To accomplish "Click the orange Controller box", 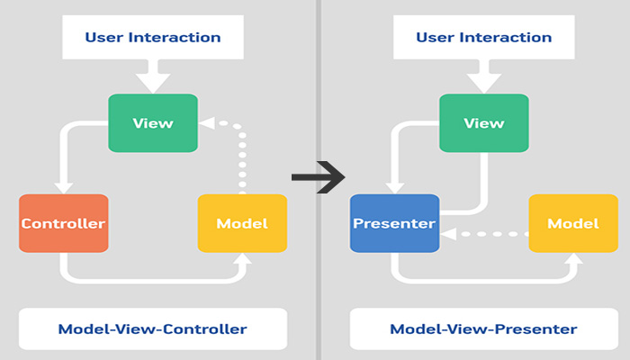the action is pos(64,223).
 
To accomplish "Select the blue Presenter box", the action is pos(394,223).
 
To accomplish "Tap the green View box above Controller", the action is pos(153,123).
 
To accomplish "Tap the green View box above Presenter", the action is pos(484,123).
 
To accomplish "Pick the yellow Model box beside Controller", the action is pos(242,223).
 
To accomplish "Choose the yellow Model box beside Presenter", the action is pos(573,223).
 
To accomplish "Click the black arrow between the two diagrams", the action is pos(319,177).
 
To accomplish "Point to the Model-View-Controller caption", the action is pos(153,329).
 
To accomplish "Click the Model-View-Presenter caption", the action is pos(484,329).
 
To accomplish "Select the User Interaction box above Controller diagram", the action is pos(153,38).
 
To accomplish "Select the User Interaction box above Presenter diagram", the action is pos(484,38).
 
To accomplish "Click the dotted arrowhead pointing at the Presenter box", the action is pos(448,234).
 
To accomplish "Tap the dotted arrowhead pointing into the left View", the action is pos(206,123).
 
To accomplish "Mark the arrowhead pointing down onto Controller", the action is pos(64,188).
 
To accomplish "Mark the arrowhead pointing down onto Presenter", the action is pos(394,188).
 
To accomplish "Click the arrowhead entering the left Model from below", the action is pos(242,259).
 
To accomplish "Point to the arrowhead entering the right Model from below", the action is pos(573,259).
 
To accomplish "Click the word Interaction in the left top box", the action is pos(175,38).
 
